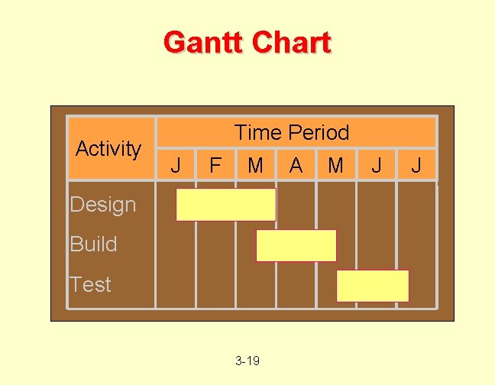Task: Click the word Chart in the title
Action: pos(291,42)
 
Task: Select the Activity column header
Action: pos(108,148)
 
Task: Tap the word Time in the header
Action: pos(258,132)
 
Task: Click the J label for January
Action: pos(176,164)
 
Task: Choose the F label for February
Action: pos(215,164)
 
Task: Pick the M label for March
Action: pos(255,164)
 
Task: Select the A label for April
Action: pos(296,164)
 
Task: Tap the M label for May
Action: pos(335,164)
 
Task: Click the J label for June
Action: pos(376,164)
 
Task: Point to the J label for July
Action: pos(416,164)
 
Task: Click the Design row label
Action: pos(102,205)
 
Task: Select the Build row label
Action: pos(93,244)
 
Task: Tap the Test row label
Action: pos(90,285)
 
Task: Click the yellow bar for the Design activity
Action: pos(225,205)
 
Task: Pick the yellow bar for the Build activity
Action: pos(296,245)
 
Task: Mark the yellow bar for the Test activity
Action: pos(373,286)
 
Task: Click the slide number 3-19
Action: pos(247,360)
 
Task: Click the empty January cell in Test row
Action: pos(176,286)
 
